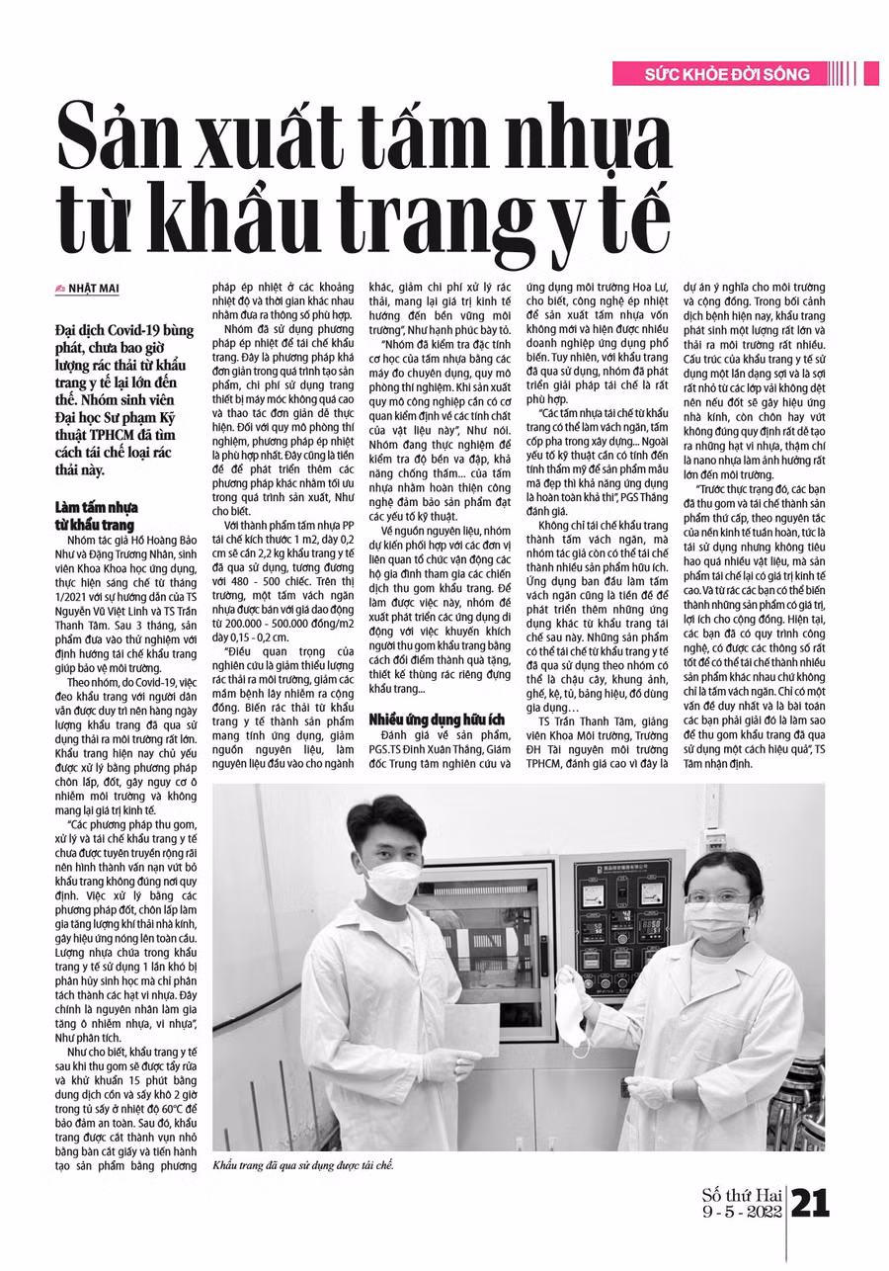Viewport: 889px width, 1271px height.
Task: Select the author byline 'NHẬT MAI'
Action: tap(108, 288)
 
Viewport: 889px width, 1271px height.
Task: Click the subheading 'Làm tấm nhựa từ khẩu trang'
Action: tap(95, 516)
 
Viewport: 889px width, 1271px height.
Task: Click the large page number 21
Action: tap(812, 1202)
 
